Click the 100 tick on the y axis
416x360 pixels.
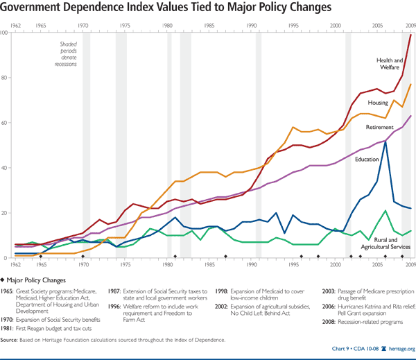[x=5, y=33]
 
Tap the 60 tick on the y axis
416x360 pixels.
[x=5, y=123]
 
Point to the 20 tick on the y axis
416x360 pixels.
[x=5, y=213]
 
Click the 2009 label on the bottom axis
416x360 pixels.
[x=410, y=264]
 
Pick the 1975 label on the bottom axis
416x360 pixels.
[x=125, y=264]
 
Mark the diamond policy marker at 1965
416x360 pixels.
[x=41, y=257]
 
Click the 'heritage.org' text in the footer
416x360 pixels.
[x=399, y=350]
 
